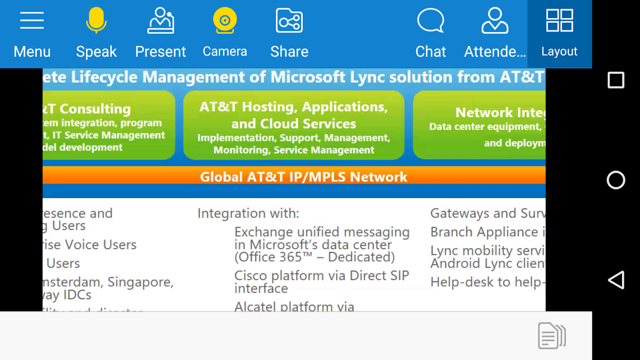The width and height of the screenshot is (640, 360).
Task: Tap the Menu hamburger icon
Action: tap(32, 21)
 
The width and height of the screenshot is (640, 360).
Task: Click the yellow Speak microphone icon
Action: tap(96, 21)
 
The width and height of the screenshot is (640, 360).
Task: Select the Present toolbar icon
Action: tap(161, 21)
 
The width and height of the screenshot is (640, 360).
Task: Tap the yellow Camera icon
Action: tap(225, 21)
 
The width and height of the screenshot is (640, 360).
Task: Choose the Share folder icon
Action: tap(289, 21)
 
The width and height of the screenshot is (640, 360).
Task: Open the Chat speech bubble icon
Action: tap(430, 21)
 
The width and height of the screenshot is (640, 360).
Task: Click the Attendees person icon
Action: tap(495, 21)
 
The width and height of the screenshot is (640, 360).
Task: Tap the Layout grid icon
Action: tap(559, 21)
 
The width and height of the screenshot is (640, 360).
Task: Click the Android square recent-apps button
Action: tap(616, 81)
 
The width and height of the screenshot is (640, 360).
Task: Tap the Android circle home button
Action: tap(616, 180)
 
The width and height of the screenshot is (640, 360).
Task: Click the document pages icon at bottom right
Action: tap(552, 335)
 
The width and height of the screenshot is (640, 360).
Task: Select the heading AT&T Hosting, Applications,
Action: tap(293, 107)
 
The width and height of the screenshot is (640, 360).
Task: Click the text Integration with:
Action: tap(248, 213)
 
